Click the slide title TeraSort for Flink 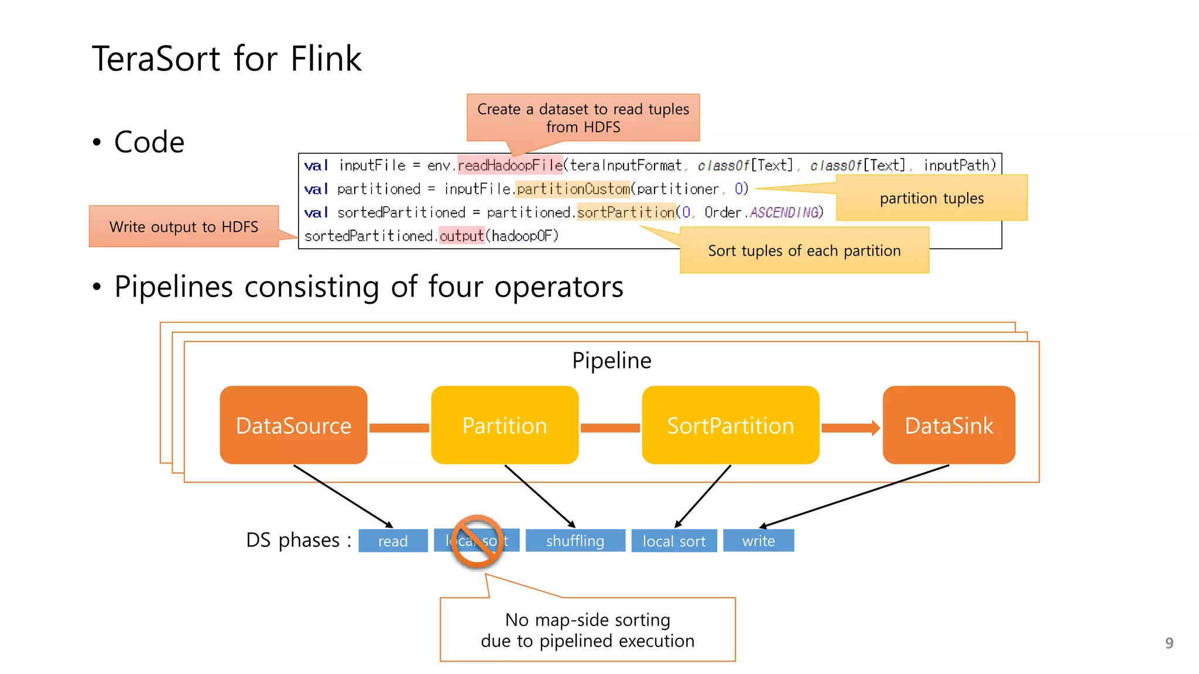(227, 59)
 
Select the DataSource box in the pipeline (293, 425)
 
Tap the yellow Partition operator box (504, 425)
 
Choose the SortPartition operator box (730, 425)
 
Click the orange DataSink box (948, 425)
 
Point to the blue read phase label (392, 541)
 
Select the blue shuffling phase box (575, 541)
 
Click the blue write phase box (758, 541)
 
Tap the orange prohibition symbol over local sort (477, 541)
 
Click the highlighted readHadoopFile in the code (510, 166)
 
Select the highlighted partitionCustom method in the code (573, 189)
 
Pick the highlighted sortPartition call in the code (626, 212)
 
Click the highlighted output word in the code (461, 236)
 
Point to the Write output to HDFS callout (183, 226)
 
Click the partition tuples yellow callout (931, 198)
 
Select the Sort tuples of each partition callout (804, 251)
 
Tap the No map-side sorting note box (587, 630)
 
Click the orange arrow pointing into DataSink (851, 428)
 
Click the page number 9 (1169, 643)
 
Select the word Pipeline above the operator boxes (611, 360)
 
